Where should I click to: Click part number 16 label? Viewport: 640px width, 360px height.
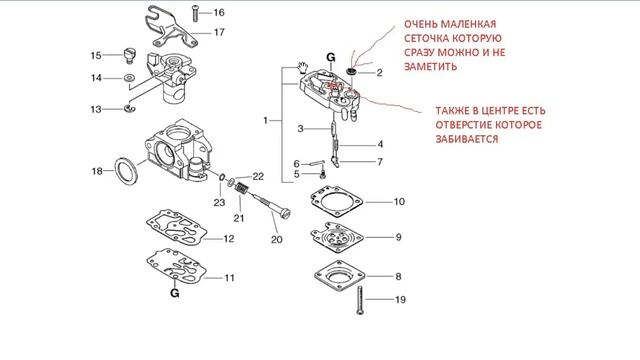[x=219, y=13]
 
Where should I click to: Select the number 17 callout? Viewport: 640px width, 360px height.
[x=219, y=32]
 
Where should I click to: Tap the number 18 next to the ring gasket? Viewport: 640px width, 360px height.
[x=97, y=172]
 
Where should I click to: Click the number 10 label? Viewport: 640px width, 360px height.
[x=398, y=202]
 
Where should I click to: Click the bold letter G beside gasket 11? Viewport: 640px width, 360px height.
[x=174, y=295]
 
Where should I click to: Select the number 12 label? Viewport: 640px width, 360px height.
[x=228, y=239]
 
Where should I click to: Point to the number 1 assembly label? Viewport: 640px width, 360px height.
[x=266, y=120]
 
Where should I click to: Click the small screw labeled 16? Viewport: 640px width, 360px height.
[x=195, y=13]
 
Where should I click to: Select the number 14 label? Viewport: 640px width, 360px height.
[x=97, y=77]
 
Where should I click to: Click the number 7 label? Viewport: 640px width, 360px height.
[x=378, y=161]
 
